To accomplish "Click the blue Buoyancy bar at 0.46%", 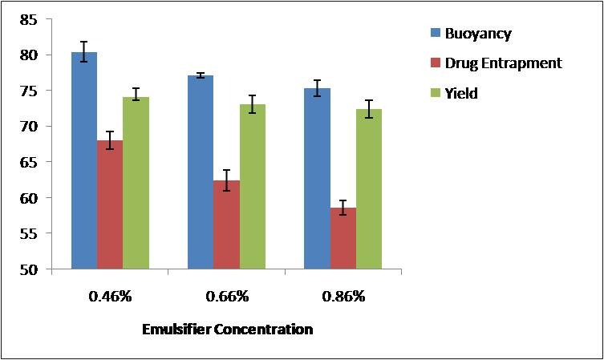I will tap(84, 160).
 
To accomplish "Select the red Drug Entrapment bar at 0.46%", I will tap(110, 204).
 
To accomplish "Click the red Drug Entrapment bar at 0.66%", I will tap(226, 224).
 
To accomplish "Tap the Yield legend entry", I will tap(461, 93).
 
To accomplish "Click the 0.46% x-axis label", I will tap(110, 296).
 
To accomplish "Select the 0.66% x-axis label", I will tap(226, 296).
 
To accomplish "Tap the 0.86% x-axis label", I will tap(343, 296).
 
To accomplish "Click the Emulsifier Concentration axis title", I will tap(227, 329).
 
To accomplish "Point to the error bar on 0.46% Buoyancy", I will tap(84, 51).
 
